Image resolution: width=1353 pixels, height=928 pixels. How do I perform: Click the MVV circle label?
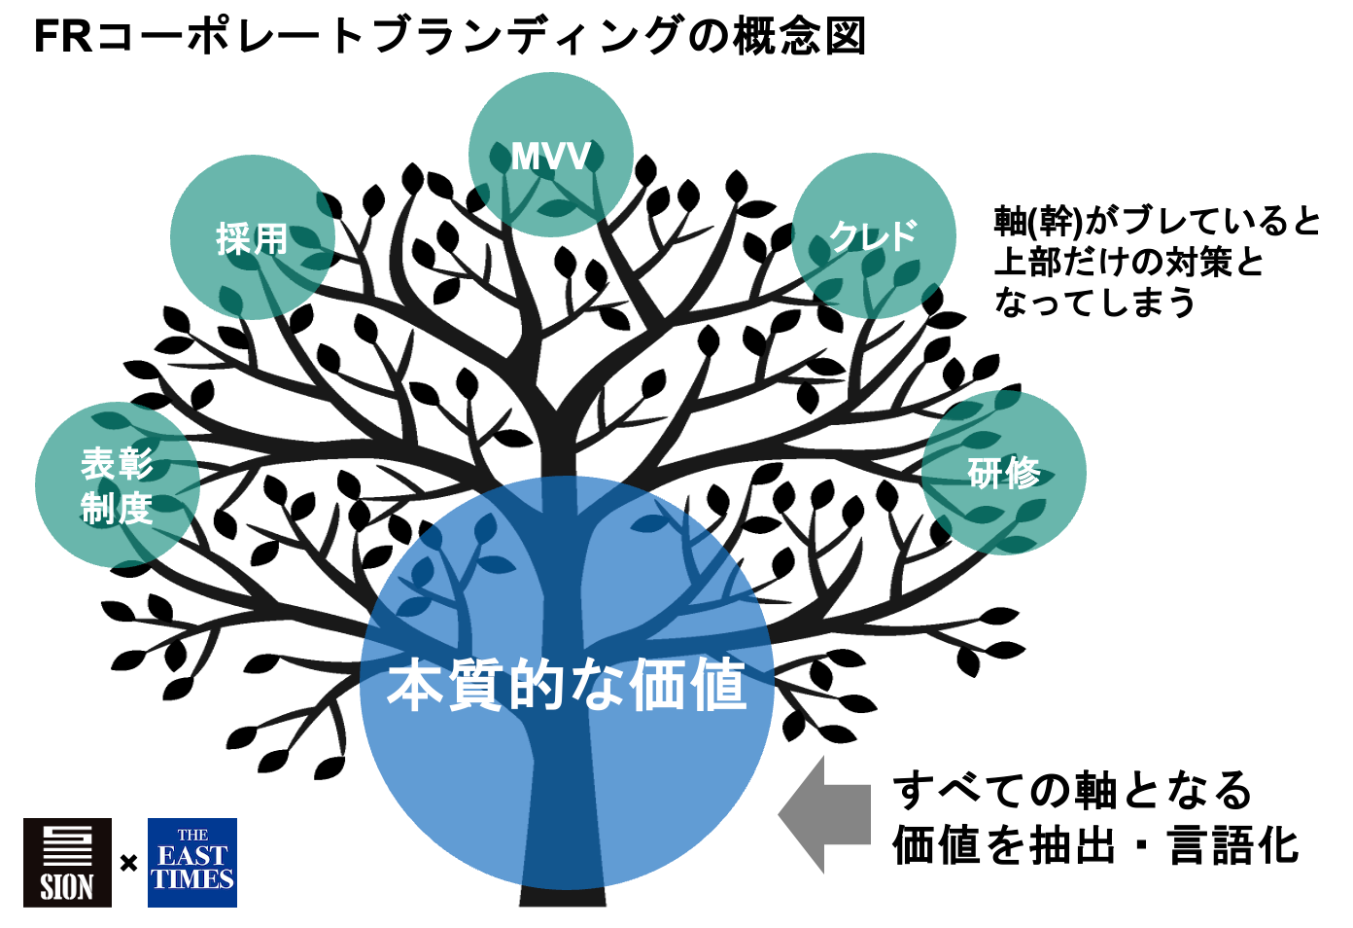coord(551,157)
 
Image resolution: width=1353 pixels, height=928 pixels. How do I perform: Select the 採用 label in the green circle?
coord(253,238)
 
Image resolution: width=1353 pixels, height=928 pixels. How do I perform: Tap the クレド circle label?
coord(873,235)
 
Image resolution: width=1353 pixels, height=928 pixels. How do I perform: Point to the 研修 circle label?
coord(1004,474)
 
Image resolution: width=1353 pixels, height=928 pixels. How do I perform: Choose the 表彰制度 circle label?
coord(117,485)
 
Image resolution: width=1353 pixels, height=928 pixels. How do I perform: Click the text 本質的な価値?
coord(567,685)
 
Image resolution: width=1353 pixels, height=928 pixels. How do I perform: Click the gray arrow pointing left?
coord(825,814)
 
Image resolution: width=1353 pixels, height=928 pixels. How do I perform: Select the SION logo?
coord(67,863)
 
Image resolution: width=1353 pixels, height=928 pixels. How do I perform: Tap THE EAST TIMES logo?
coord(192,863)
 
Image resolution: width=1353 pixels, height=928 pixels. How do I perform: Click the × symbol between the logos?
coord(128,863)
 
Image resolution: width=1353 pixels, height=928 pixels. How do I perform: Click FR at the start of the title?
coord(62,37)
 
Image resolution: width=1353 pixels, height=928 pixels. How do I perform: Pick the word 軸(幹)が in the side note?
coord(1056,222)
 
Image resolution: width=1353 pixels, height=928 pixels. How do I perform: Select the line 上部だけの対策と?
coord(1128,262)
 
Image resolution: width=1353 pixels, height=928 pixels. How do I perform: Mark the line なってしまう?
coord(1094,303)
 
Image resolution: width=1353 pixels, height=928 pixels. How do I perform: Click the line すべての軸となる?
coord(1073,790)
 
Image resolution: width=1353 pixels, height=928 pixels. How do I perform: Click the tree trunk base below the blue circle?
coord(563,896)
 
